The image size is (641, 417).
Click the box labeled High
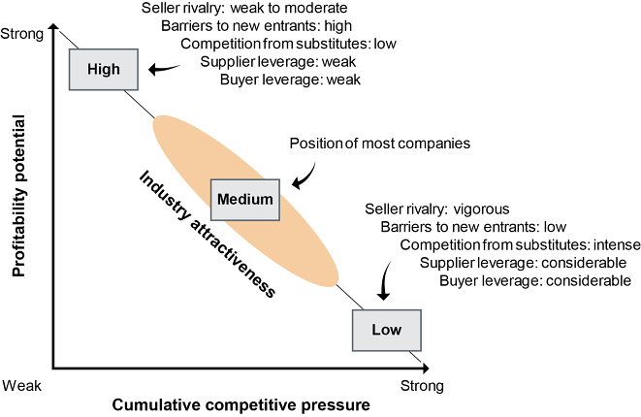[x=104, y=69]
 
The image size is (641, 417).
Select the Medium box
[x=245, y=199]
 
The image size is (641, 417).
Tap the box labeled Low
[x=386, y=330]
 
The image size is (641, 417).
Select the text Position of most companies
[x=380, y=144]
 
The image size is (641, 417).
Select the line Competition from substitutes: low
[x=289, y=44]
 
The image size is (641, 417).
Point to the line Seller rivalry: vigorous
[x=436, y=208]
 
